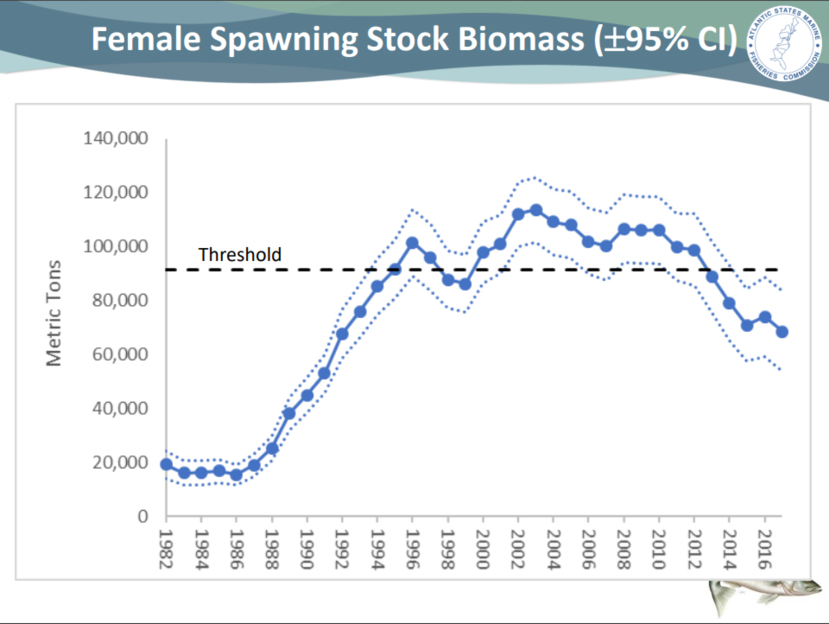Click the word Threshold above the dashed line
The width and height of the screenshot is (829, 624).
click(x=240, y=255)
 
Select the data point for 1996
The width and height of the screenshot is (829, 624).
click(x=412, y=243)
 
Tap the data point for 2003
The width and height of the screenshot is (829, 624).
click(x=535, y=210)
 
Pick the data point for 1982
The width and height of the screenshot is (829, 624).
click(x=166, y=464)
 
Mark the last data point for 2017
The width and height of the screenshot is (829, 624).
click(x=782, y=332)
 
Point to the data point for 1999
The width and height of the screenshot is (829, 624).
click(x=465, y=284)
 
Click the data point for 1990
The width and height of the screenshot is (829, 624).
click(x=307, y=395)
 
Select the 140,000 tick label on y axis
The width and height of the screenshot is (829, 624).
click(x=116, y=138)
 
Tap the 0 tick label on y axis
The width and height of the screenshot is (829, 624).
click(x=143, y=516)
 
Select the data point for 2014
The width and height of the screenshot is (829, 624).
click(x=730, y=303)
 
